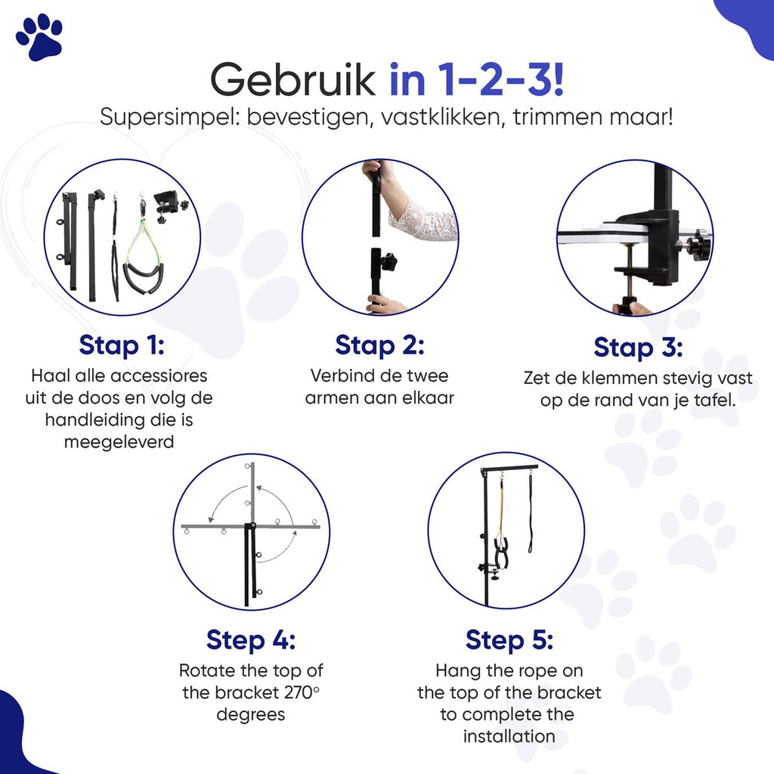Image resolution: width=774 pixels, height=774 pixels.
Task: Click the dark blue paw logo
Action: [x=39, y=37]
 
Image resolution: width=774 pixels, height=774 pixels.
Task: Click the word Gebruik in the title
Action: [x=293, y=80]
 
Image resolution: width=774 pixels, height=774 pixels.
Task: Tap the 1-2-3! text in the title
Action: [x=500, y=79]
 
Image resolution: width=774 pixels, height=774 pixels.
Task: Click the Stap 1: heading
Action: [x=122, y=345]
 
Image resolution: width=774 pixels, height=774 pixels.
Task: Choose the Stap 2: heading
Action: [x=379, y=345]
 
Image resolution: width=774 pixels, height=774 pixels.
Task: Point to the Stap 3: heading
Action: [x=638, y=347]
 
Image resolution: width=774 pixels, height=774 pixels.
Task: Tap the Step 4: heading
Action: [x=251, y=640]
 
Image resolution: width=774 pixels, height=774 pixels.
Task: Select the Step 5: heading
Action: [x=509, y=640]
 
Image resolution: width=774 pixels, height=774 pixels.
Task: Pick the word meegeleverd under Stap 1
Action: [x=119, y=441]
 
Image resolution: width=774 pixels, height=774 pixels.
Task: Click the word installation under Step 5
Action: [x=509, y=736]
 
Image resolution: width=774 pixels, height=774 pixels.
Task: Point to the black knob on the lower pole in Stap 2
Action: [x=389, y=260]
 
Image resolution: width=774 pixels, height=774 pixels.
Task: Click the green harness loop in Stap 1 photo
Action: [x=142, y=244]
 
